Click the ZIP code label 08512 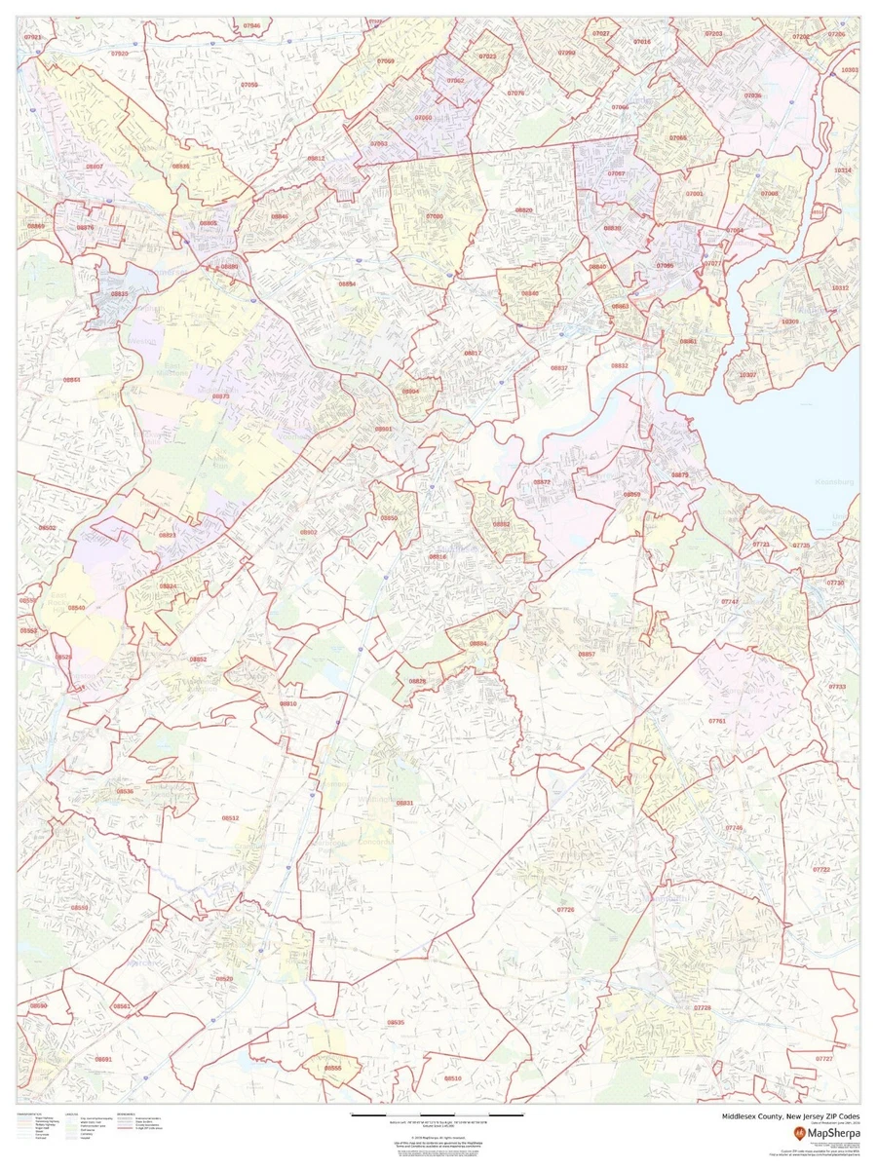point(231,818)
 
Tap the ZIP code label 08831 point(404,803)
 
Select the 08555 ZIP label point(333,1068)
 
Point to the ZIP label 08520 point(225,978)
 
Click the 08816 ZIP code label point(438,556)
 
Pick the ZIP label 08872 point(542,482)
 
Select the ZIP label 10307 point(747,375)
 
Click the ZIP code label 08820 point(524,210)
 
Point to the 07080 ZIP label point(435,215)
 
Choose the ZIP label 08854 point(347,283)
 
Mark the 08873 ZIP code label point(221,396)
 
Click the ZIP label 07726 point(565,909)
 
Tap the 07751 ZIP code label point(717,720)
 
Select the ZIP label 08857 point(586,654)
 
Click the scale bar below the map point(429,1114)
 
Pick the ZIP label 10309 point(789,321)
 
